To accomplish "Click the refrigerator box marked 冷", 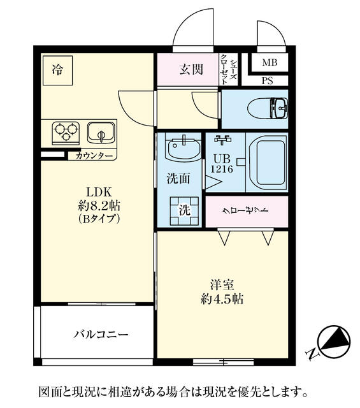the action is tap(58, 70).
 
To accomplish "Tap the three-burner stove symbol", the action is tap(66, 133).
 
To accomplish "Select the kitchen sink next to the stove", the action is tap(101, 133).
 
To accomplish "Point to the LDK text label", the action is tap(99, 193).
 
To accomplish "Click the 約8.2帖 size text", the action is tap(99, 206).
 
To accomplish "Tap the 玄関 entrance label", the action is tap(191, 69).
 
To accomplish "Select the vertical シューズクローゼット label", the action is tap(228, 69).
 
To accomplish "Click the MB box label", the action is tap(270, 62).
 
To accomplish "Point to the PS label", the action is tap(268, 81).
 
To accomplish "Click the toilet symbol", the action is tap(268, 108).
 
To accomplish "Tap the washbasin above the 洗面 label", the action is tap(184, 148).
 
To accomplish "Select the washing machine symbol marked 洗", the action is tap(184, 211).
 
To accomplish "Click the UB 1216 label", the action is tap(222, 164).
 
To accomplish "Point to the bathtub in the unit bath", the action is tap(267, 163).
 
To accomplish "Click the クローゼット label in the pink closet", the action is tap(245, 210).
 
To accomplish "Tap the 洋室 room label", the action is tap(222, 285).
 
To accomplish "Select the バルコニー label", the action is tap(101, 334).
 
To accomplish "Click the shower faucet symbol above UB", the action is tap(222, 140).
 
